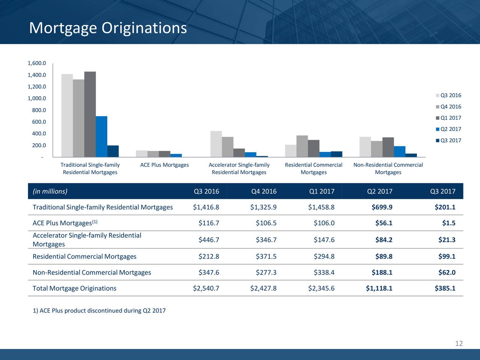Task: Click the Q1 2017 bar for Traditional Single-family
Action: click(x=90, y=114)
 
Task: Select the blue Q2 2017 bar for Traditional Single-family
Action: click(x=102, y=136)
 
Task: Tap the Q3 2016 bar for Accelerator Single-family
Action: click(x=216, y=144)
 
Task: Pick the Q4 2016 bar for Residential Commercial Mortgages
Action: click(x=302, y=146)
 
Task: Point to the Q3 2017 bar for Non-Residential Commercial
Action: click(x=411, y=155)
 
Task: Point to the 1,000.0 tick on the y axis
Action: click(x=37, y=99)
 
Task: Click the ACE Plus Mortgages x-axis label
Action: click(x=164, y=165)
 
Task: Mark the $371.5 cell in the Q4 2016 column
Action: click(x=266, y=256)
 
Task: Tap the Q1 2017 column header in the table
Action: click(x=321, y=192)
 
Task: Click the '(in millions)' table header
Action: click(x=50, y=192)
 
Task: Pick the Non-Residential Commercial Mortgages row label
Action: click(x=92, y=273)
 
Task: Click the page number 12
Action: click(x=459, y=343)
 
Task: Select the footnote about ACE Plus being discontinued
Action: click(x=99, y=311)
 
